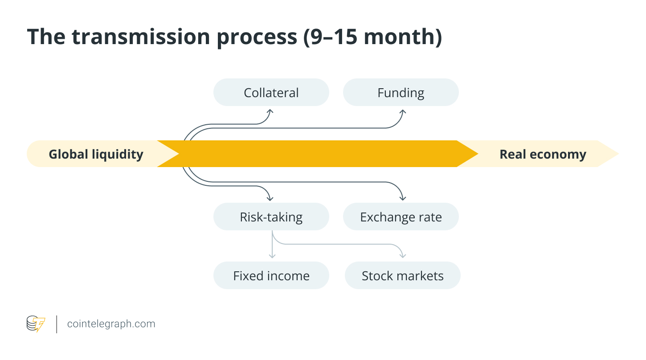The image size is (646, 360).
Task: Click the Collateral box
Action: point(271,93)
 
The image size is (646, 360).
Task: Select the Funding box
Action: point(401,93)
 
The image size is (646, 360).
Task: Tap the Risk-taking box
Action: point(271,217)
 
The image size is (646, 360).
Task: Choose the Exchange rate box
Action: point(401,217)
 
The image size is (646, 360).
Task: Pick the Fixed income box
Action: point(271,276)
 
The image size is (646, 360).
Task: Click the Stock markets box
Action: point(402,276)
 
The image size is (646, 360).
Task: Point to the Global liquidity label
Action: point(96,154)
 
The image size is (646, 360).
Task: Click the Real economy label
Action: point(543,154)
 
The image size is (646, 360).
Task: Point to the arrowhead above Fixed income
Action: point(272,256)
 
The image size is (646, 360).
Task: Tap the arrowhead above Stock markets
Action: point(403,256)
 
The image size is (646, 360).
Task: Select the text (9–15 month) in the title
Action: point(372,37)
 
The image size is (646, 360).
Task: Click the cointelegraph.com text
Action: point(111,324)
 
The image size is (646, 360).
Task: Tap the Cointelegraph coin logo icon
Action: point(36,324)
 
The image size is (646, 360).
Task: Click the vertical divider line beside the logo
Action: point(57,324)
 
